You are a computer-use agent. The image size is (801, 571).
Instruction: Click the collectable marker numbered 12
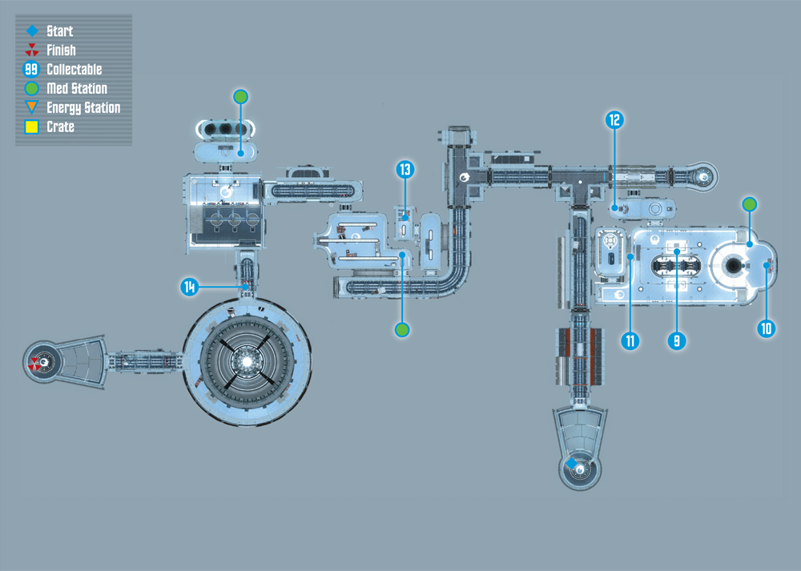pos(614,120)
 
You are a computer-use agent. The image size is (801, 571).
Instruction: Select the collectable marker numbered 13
pos(405,169)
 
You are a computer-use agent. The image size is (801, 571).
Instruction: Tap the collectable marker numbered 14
pos(190,287)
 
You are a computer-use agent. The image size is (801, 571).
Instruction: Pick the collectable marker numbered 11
pos(630,340)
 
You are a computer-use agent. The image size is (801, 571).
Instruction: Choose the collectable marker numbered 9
pos(677,340)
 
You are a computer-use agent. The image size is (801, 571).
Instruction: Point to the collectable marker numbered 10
pos(767,328)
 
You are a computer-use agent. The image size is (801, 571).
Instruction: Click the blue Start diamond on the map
pos(572,463)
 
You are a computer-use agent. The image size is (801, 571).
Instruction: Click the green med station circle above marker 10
pos(750,205)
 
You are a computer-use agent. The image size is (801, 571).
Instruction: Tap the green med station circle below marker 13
pos(402,330)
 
